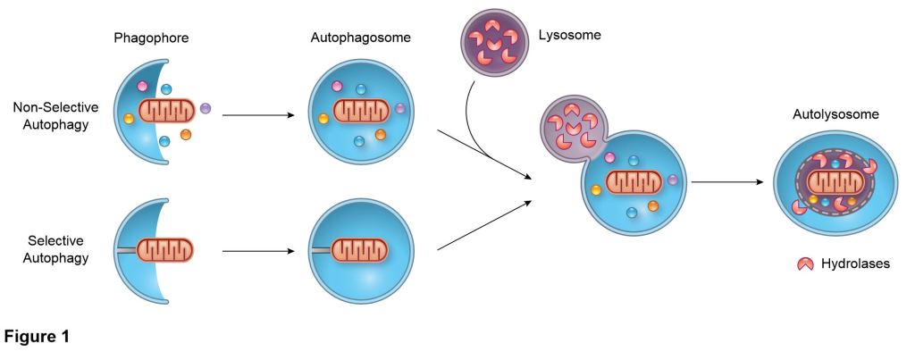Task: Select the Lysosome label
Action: click(x=569, y=36)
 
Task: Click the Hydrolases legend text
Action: click(x=856, y=264)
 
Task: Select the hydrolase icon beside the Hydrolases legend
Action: click(x=804, y=264)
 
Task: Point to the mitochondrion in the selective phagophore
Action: click(x=168, y=247)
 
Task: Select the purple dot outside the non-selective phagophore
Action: click(x=206, y=108)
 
